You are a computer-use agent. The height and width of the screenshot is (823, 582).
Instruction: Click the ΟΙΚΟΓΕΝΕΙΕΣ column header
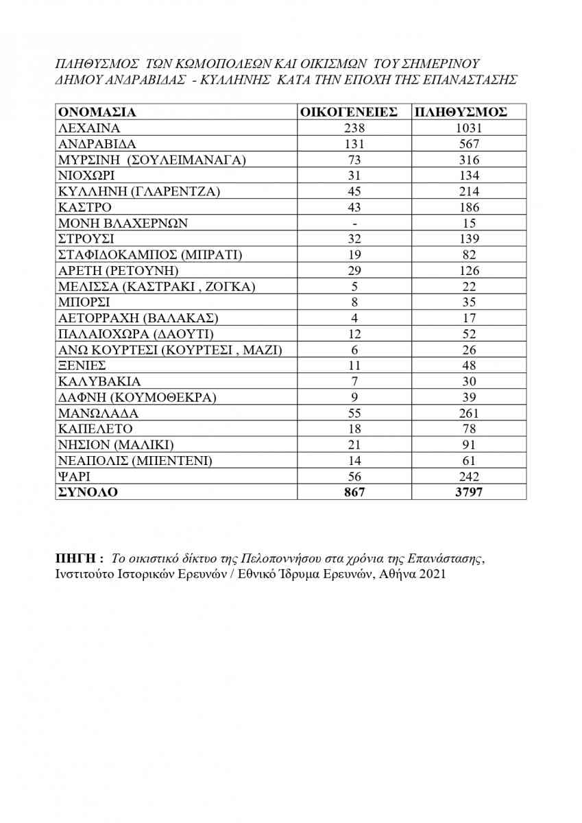point(350,112)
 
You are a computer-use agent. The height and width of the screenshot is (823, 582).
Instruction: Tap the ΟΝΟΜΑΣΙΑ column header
point(97,112)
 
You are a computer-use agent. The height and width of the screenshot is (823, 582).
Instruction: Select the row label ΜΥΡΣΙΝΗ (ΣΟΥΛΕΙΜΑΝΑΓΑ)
point(151,160)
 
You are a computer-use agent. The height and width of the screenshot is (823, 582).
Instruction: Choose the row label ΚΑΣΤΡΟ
point(85,207)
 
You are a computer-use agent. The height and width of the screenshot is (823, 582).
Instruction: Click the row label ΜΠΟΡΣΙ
point(84,302)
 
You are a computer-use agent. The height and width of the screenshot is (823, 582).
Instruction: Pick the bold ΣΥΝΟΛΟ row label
point(88,492)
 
